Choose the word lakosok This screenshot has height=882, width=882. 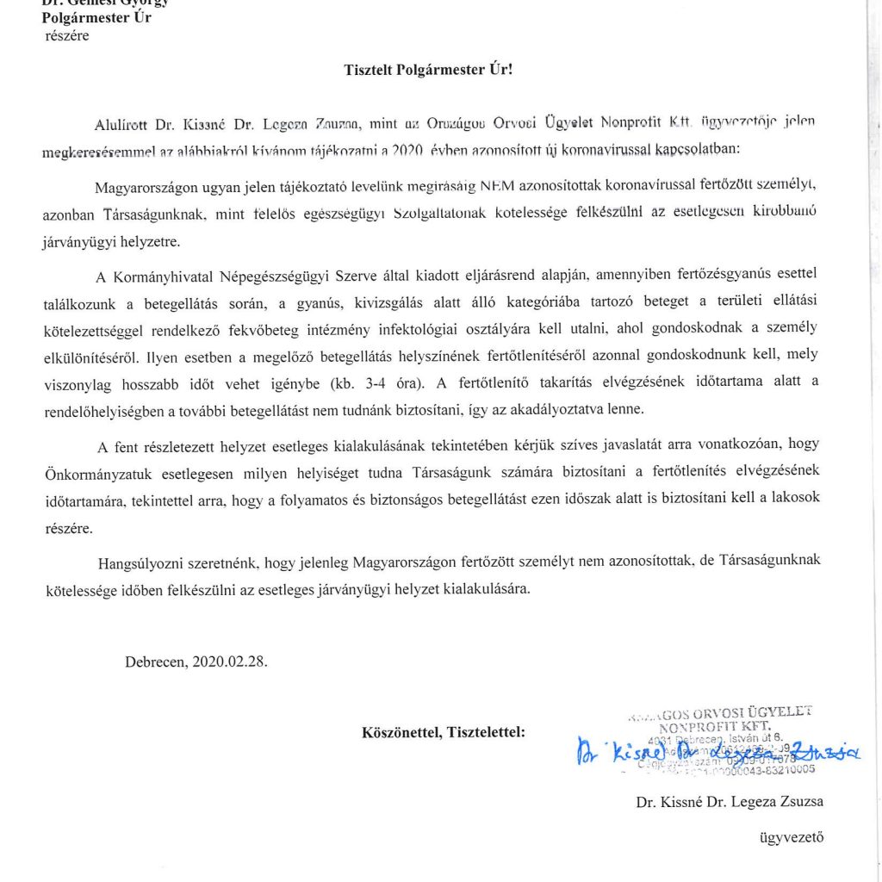pos(798,500)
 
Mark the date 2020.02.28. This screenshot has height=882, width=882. pos(230,661)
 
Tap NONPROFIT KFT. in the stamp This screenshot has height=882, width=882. pos(722,726)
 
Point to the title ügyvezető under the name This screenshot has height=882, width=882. pos(791,834)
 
